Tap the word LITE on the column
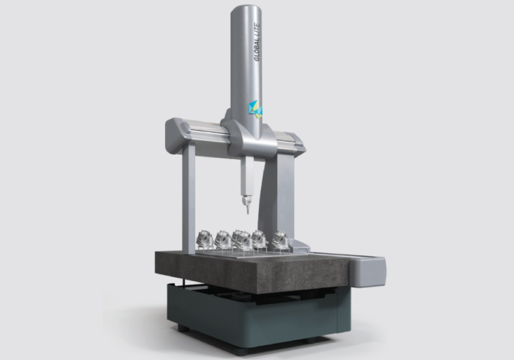point(257,30)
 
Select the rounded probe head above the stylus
point(247,200)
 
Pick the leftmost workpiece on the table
point(204,239)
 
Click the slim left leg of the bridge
point(188,199)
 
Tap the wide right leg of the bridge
point(279,197)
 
